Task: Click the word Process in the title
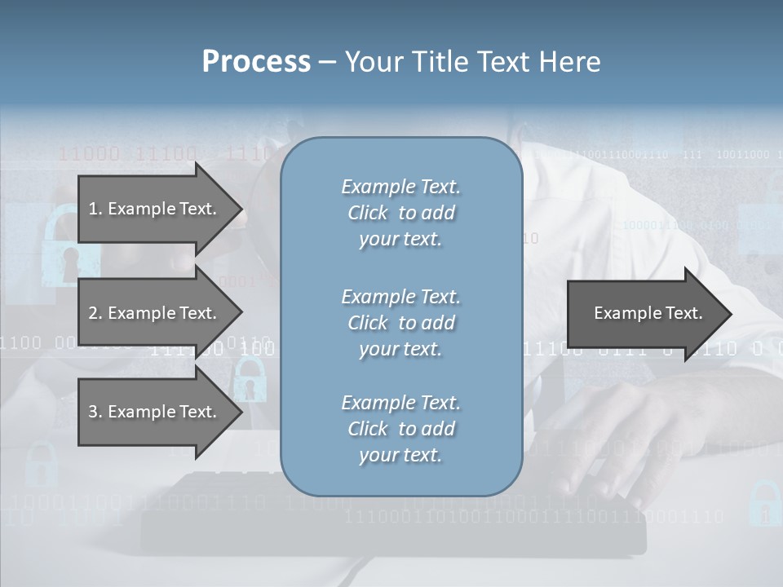tap(256, 62)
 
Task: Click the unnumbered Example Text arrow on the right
tap(648, 313)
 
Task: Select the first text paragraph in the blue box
tap(400, 213)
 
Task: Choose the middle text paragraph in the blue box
tap(400, 323)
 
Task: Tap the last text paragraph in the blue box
tap(400, 429)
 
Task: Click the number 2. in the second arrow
tap(95, 313)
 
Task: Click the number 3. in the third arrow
tap(95, 412)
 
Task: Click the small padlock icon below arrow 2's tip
tap(250, 380)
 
